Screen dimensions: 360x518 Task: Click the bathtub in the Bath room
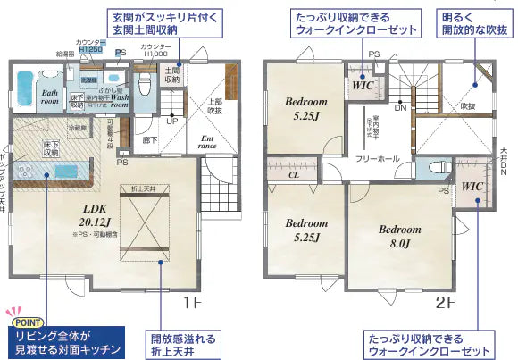(23, 95)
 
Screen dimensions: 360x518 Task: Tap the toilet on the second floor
(438, 168)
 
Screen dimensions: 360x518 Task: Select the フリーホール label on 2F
(377, 158)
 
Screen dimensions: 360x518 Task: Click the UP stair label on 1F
(171, 121)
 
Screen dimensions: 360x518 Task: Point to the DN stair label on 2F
(401, 107)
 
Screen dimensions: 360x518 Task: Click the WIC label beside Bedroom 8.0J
(472, 187)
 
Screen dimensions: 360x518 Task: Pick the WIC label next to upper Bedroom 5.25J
(362, 86)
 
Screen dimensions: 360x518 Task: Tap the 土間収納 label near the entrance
(172, 74)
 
